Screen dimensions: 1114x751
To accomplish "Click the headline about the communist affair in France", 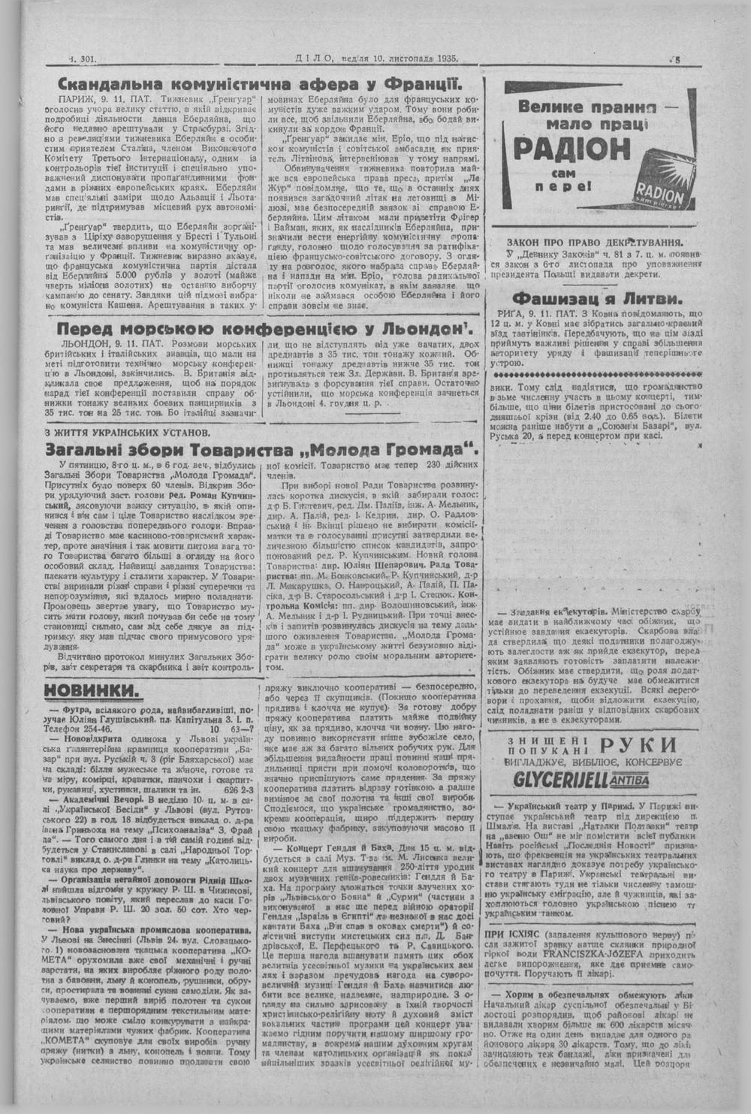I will point(258,83).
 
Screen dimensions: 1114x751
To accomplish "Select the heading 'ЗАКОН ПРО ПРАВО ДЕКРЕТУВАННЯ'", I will point(595,242).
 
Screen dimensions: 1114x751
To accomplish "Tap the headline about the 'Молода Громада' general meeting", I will point(251,450).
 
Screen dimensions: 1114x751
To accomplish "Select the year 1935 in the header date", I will point(443,58).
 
